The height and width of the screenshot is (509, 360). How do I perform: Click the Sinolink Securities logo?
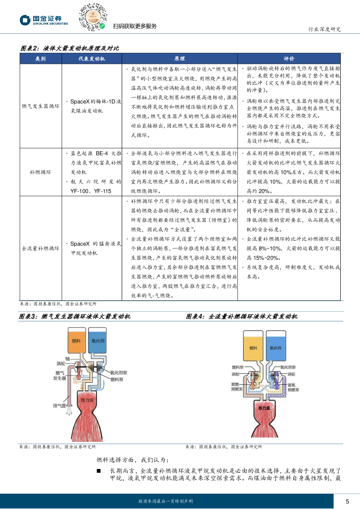click(44, 20)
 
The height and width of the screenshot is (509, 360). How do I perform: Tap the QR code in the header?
click(93, 17)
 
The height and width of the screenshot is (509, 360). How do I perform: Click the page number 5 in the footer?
click(347, 501)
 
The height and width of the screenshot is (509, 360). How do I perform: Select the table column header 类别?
click(41, 59)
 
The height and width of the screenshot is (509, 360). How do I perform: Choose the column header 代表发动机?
click(92, 59)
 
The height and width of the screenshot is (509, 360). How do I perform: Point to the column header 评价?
click(289, 59)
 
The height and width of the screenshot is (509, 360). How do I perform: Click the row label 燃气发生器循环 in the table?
click(41, 106)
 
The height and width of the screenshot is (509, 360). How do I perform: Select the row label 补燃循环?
click(41, 172)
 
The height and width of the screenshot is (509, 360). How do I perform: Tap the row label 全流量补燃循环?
click(41, 248)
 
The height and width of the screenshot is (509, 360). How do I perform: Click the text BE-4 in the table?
click(102, 153)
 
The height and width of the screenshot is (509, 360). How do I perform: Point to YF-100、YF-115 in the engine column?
click(91, 191)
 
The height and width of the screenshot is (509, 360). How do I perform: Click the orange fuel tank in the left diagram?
click(77, 341)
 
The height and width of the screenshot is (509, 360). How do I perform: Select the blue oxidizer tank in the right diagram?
click(275, 347)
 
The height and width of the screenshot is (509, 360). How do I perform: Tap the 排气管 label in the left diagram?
click(60, 406)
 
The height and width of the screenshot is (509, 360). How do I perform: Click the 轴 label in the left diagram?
click(67, 358)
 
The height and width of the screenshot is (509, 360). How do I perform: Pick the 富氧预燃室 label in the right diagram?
click(293, 387)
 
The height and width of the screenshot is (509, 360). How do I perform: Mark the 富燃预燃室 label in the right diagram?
click(237, 387)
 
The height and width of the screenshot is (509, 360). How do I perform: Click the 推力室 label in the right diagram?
click(264, 408)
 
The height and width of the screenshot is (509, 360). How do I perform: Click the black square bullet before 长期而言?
click(99, 471)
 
